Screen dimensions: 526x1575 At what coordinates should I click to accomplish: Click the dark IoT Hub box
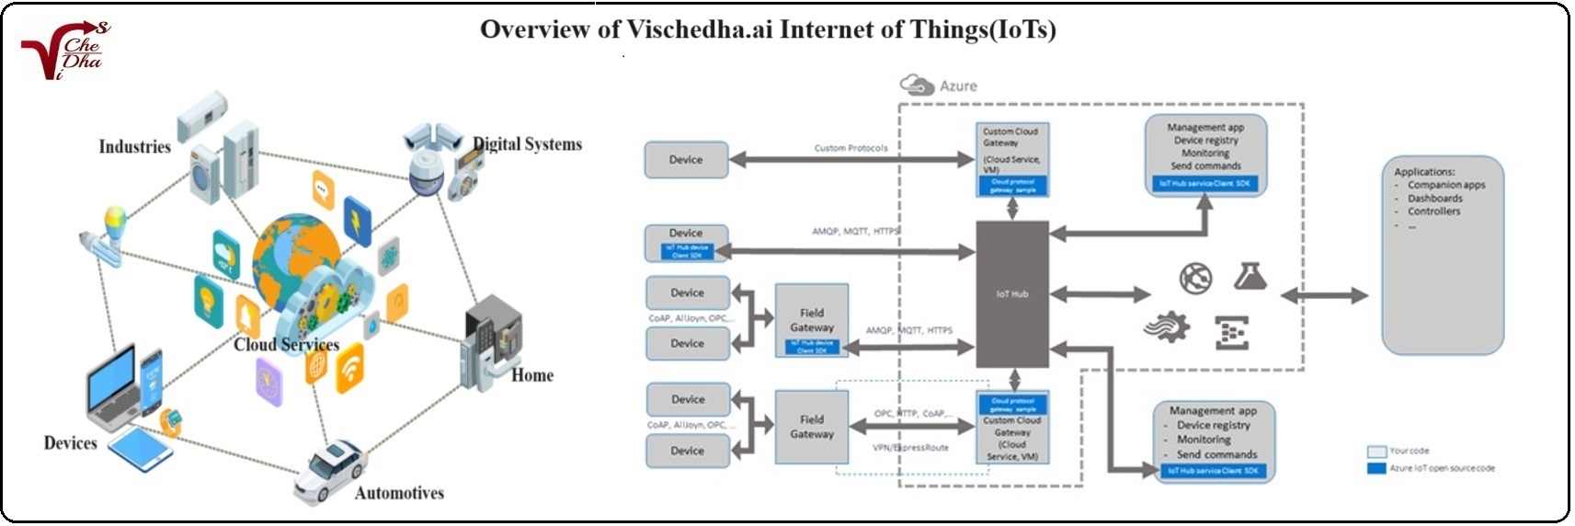[1011, 294]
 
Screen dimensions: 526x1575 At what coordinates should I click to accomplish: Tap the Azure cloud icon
[917, 86]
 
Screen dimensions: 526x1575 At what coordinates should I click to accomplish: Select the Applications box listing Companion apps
[1443, 255]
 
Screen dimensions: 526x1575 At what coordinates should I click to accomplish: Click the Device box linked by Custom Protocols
[686, 160]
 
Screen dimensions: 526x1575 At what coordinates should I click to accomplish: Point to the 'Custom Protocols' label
[850, 148]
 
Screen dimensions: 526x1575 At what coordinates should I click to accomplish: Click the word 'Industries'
[134, 147]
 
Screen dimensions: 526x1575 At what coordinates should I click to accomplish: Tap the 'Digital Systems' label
[527, 144]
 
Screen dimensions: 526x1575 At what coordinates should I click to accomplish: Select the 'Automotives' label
[399, 493]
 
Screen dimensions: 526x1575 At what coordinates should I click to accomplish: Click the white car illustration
[328, 471]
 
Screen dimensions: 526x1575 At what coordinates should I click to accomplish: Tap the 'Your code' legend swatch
[1376, 452]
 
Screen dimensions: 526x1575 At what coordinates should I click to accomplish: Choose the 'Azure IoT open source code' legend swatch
[1376, 469]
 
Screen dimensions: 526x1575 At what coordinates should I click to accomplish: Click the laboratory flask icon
[1250, 276]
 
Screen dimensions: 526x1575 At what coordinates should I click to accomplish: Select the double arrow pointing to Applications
[1324, 295]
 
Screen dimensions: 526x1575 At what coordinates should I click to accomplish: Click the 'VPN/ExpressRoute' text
[909, 448]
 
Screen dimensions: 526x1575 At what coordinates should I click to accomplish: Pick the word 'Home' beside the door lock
[532, 375]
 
